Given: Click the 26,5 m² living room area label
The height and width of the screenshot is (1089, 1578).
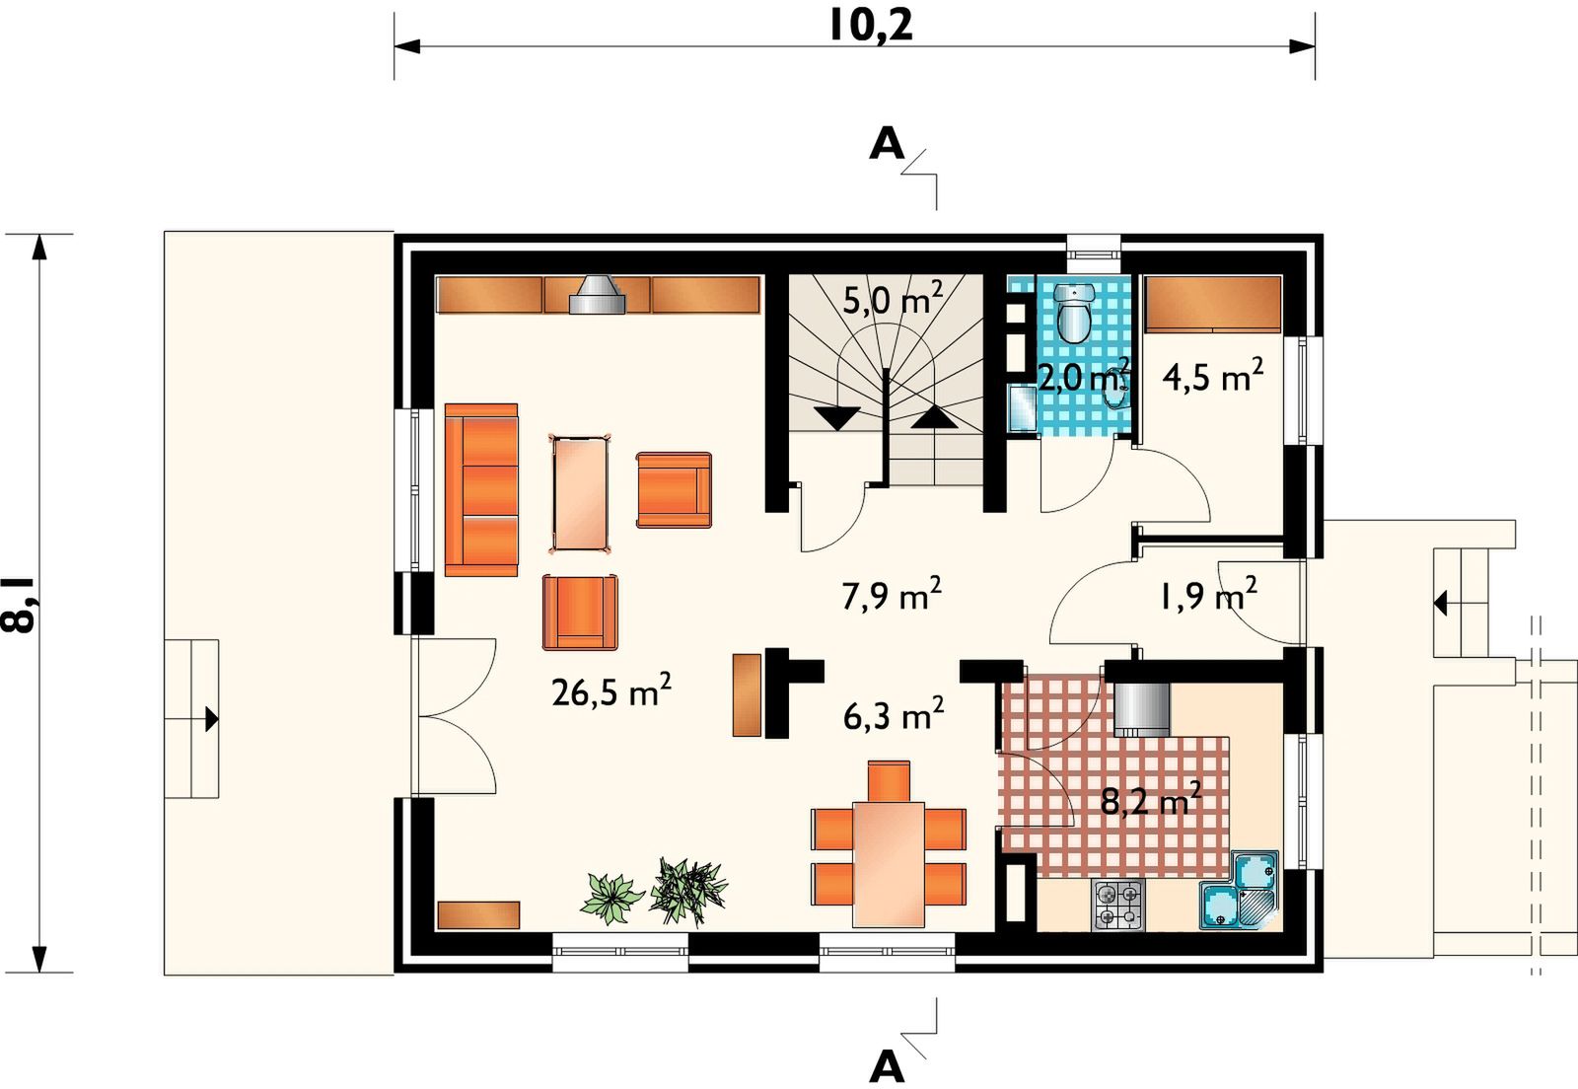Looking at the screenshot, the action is [x=610, y=690].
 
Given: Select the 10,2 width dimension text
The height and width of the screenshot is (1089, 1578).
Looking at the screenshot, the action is [x=871, y=26].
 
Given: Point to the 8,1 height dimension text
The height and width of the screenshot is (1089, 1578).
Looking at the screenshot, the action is [x=19, y=603].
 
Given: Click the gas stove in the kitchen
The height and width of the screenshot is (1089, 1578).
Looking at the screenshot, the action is [x=1118, y=906].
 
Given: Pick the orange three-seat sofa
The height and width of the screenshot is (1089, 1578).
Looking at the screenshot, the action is [x=481, y=489].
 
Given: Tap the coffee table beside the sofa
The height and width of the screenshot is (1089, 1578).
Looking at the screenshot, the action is [x=580, y=494].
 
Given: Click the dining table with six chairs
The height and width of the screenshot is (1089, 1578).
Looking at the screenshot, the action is [x=889, y=863].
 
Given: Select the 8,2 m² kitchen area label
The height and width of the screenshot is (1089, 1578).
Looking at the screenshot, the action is [x=1150, y=799].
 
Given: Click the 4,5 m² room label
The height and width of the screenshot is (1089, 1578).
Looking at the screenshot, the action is [x=1212, y=376].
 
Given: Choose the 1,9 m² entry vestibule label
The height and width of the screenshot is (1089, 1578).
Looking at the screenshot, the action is [x=1207, y=595].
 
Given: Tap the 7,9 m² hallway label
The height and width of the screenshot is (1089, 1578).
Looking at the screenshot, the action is [x=892, y=595].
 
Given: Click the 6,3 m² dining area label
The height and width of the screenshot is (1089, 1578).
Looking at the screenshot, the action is [x=894, y=715].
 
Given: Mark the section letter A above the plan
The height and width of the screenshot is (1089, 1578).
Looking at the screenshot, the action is [x=887, y=144].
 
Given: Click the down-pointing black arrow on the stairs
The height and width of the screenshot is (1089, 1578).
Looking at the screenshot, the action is [x=837, y=417].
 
